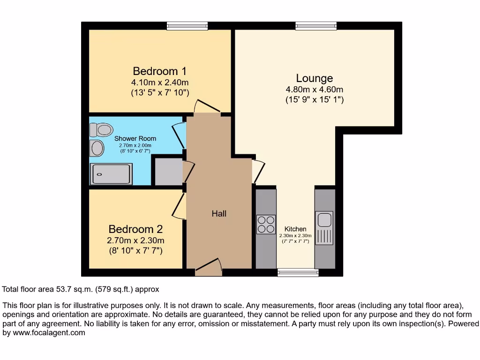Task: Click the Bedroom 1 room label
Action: [x=160, y=71]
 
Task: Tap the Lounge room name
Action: [x=315, y=78]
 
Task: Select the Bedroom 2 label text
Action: [x=135, y=229]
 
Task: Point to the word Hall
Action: [x=219, y=214]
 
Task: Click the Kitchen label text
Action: [x=295, y=229]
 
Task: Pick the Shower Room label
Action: [x=135, y=139]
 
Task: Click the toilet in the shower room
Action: [x=102, y=129]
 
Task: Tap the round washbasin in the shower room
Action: [x=97, y=148]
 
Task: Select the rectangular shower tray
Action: [x=111, y=174]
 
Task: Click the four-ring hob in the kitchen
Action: [x=266, y=224]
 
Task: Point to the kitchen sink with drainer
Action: [x=324, y=228]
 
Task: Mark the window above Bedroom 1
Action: [x=187, y=26]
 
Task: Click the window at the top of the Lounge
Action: [x=316, y=26]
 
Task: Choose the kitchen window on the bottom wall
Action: [x=298, y=272]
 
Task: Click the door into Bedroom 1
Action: [x=207, y=107]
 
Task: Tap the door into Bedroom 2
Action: [x=179, y=206]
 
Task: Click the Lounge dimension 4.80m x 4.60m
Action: [x=315, y=90]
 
